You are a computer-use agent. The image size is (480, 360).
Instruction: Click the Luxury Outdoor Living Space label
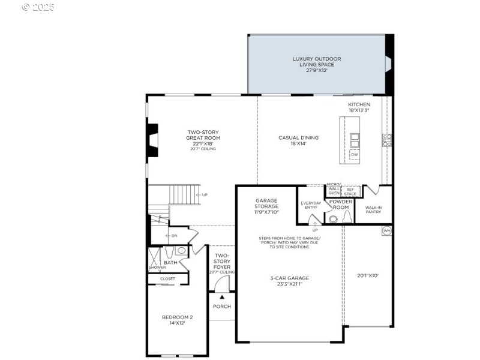point(316,64)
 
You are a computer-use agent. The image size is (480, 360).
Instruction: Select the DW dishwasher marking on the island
point(355,155)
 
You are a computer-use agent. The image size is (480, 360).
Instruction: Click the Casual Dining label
point(298,140)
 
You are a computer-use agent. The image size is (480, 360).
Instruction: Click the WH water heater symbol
point(386,230)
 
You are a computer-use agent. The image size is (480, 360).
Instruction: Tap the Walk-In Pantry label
point(373,210)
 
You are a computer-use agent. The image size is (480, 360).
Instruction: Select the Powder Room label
point(340,205)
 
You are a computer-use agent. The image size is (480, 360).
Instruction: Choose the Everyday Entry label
point(311,205)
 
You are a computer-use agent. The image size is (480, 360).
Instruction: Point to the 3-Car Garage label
point(289,281)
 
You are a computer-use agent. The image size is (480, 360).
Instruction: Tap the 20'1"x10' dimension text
point(368,276)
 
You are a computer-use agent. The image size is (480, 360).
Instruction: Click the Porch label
point(221,307)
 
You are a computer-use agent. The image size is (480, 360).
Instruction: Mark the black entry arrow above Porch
point(221,296)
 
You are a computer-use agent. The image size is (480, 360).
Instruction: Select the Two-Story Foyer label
point(221,262)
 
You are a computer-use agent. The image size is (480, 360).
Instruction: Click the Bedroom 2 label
point(177,320)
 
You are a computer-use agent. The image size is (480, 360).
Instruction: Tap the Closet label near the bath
point(167,279)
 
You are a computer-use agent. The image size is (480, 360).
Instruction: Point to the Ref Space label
point(350,191)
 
